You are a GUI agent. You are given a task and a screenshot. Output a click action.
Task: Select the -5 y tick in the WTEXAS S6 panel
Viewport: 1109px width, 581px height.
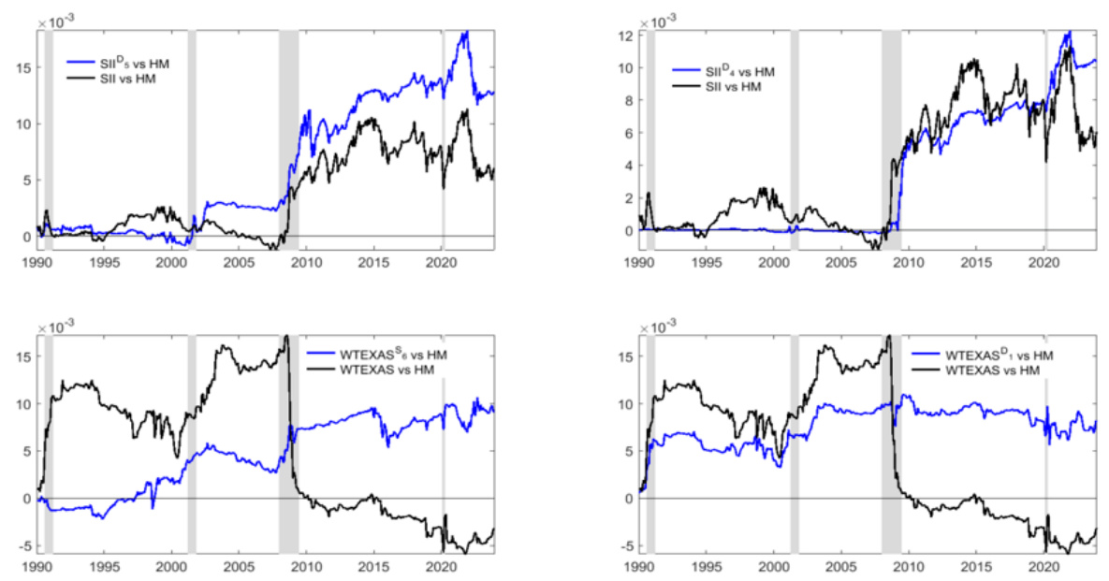coord(25,545)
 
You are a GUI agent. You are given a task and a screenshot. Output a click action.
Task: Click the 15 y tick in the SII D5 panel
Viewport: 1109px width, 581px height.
coord(22,67)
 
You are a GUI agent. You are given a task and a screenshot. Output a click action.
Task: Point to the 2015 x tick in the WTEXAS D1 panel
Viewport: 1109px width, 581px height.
coord(976,568)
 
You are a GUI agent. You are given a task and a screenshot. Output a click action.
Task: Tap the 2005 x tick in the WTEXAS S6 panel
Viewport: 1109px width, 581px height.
coord(239,568)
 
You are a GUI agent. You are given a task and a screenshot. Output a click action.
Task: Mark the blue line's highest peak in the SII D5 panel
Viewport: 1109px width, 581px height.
coord(465,32)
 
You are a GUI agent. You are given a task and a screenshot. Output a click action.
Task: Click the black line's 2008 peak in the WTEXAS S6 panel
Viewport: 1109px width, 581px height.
coord(286,336)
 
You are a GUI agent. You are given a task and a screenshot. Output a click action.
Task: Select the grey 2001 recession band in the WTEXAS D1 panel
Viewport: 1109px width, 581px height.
coord(795,440)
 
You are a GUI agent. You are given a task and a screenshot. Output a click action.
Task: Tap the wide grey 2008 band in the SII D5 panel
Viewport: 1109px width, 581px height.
coord(288,140)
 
